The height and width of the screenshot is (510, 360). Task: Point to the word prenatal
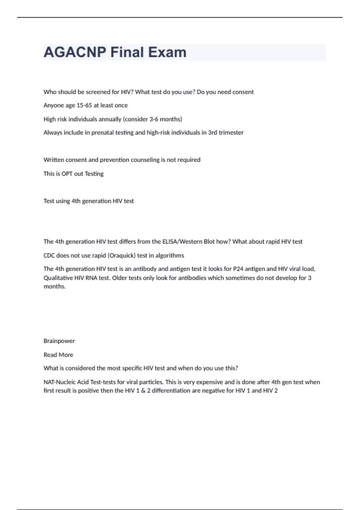pyautogui.click(x=103, y=133)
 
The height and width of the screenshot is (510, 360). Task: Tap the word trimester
pyautogui.click(x=231, y=133)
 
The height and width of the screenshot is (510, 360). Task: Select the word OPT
pyautogui.click(x=67, y=174)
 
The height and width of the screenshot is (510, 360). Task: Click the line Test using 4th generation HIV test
pyautogui.click(x=88, y=201)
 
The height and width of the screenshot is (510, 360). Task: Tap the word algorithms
pyautogui.click(x=169, y=256)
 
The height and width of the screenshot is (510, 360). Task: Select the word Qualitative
pyautogui.click(x=58, y=278)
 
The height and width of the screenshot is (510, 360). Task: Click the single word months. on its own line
pyautogui.click(x=55, y=286)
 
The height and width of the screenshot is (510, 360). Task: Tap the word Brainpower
pyautogui.click(x=59, y=341)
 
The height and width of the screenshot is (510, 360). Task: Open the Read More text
pyautogui.click(x=58, y=355)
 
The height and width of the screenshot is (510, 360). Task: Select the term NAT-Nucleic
pyautogui.click(x=61, y=382)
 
